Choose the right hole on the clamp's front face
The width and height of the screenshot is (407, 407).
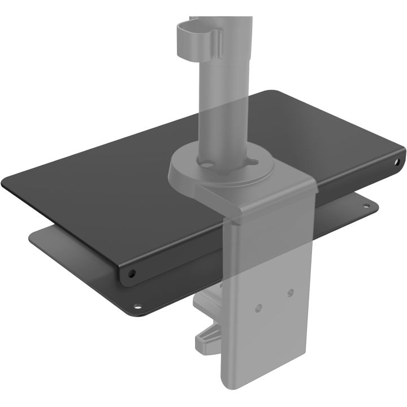[x=290, y=292]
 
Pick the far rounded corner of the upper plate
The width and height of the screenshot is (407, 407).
[x=274, y=91]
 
